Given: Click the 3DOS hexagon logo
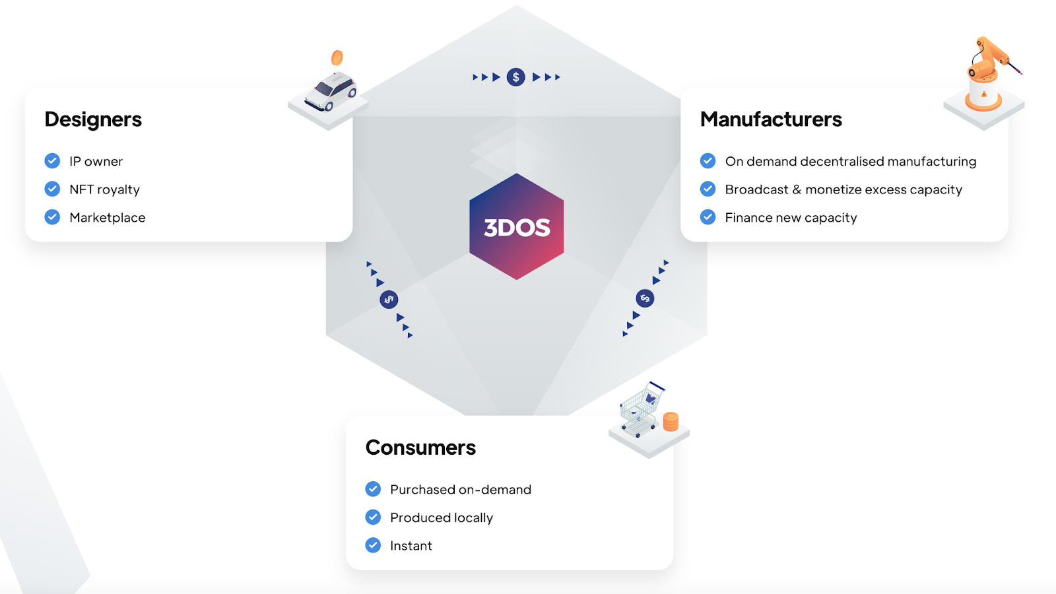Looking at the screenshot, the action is coord(516,226).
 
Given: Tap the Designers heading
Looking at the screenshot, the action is coord(93,119).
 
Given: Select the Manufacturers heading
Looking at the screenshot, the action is coord(771,119).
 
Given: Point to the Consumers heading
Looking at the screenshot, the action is coord(420,447).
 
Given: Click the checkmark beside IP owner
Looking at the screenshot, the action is coord(52,161).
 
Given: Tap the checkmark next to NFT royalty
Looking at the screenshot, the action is coord(52,189).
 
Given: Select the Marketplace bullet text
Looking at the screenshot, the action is coord(108,218).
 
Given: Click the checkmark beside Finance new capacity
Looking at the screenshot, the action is coord(708,217).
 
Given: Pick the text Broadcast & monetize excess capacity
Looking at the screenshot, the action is coord(843,189).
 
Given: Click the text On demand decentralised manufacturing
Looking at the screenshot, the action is coord(850,161).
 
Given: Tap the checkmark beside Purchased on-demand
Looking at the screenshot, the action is coord(373,489).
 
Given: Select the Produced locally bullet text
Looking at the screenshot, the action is coord(442,517).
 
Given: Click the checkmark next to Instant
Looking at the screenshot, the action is coord(373,545).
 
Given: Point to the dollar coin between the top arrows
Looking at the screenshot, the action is coord(516,77).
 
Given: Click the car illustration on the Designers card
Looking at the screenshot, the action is coord(331,92).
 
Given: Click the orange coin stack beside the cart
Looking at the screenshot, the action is coord(671,421).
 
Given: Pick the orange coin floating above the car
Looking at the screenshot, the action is coord(337,58).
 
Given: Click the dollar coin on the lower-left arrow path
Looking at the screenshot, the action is coord(389,300).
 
